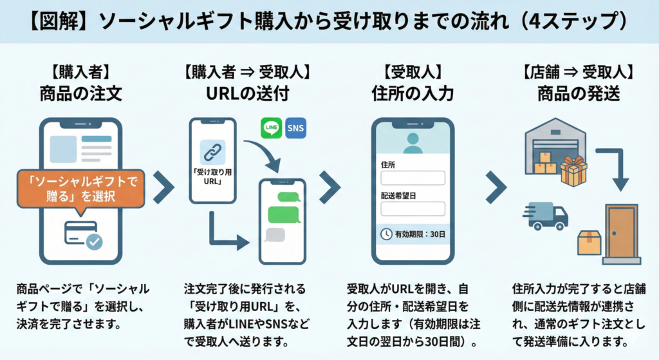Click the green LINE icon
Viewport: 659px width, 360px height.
271,128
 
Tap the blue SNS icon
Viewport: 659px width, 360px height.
295,128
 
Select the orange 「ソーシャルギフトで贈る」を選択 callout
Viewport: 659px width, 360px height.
80,189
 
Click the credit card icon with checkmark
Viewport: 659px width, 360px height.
84,235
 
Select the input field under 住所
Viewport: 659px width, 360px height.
413,178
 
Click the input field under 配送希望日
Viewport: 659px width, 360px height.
413,209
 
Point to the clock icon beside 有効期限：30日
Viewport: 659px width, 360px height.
386,234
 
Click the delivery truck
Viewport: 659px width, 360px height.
546,215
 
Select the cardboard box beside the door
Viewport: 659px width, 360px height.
589,243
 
